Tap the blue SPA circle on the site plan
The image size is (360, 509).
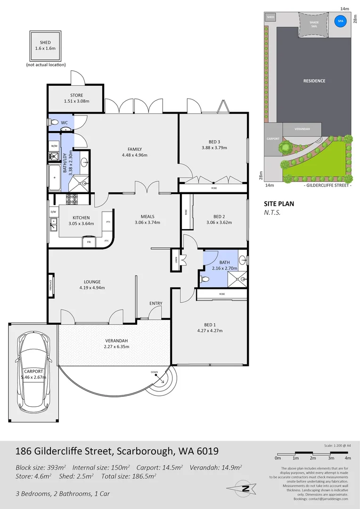point(339,21)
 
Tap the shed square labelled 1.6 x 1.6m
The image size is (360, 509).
point(45,45)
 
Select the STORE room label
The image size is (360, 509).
point(76,95)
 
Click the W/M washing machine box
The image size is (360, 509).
point(54,146)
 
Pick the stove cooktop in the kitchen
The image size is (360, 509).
point(71,199)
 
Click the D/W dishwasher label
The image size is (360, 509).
point(53,212)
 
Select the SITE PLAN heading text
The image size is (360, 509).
point(278,204)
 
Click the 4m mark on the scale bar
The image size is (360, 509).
point(348,458)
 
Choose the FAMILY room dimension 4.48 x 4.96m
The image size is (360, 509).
point(134,155)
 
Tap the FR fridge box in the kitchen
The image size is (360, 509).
point(89,242)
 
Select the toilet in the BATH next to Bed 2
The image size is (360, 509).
point(205,279)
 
